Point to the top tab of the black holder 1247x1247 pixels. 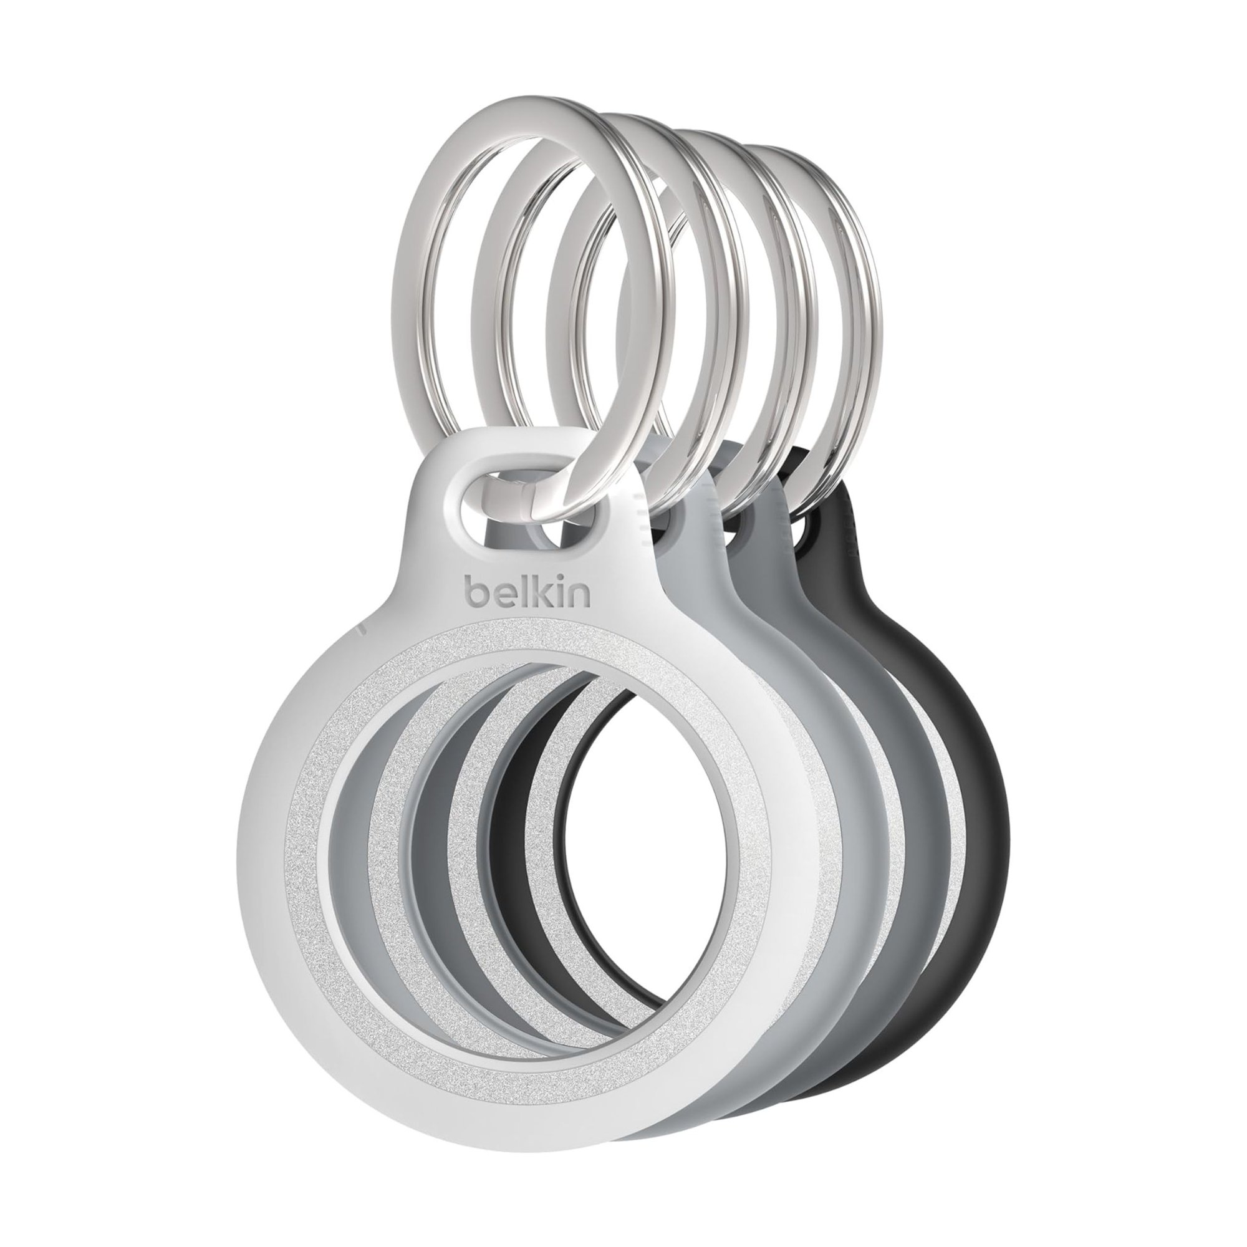click(839, 516)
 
